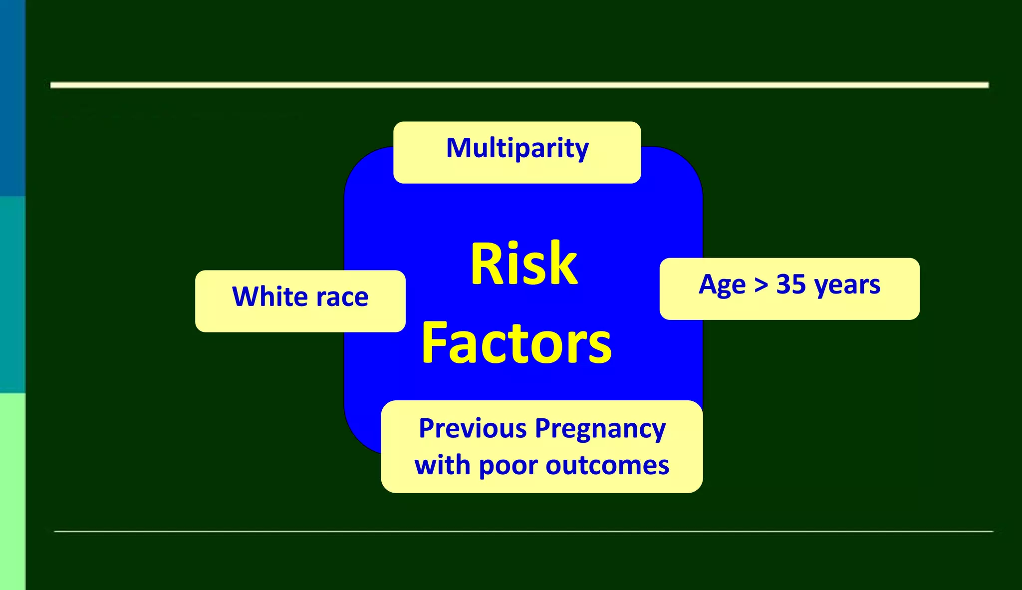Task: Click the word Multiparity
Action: pyautogui.click(x=517, y=148)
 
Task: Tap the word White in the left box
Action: pyautogui.click(x=269, y=296)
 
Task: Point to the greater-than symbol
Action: pyautogui.click(x=761, y=285)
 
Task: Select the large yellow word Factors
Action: pyautogui.click(x=516, y=343)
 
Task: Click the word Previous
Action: pyautogui.click(x=473, y=428)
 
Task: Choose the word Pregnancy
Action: pyautogui.click(x=600, y=430)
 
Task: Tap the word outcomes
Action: pyautogui.click(x=607, y=466)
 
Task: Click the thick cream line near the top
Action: pyautogui.click(x=519, y=85)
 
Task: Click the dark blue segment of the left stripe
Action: pyautogui.click(x=12, y=97)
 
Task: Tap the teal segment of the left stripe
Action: pyautogui.click(x=12, y=295)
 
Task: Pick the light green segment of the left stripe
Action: pyautogui.click(x=12, y=492)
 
